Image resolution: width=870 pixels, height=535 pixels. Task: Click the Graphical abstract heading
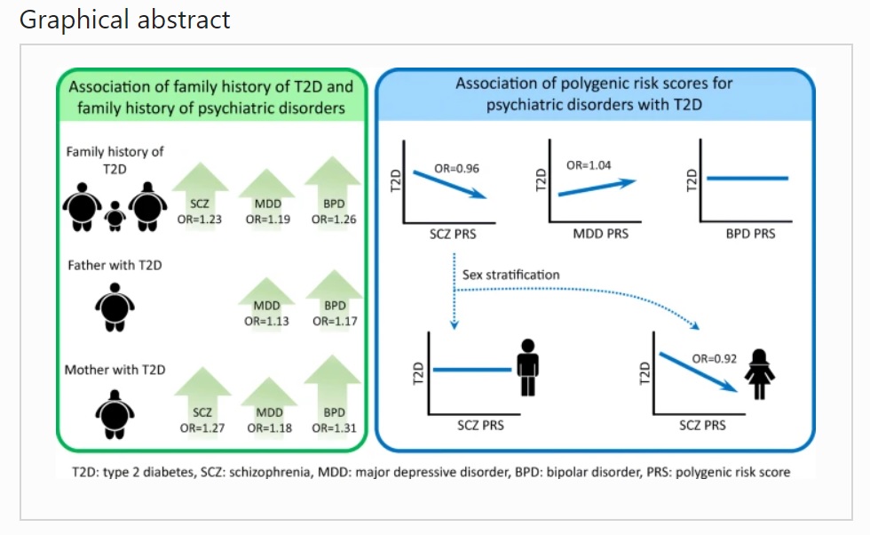click(x=124, y=20)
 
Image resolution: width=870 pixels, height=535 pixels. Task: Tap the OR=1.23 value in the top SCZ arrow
click(x=199, y=220)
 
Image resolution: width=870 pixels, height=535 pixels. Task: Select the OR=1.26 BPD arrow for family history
click(x=334, y=194)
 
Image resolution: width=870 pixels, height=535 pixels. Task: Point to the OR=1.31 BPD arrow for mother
click(x=333, y=396)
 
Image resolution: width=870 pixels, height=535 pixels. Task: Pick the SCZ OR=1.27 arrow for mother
click(x=202, y=403)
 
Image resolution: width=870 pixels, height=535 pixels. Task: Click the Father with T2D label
click(x=115, y=266)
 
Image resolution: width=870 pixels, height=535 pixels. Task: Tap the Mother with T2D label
click(x=115, y=370)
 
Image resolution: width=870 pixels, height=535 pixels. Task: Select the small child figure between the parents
click(x=115, y=216)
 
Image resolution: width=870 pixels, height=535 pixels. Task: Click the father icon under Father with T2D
click(x=115, y=307)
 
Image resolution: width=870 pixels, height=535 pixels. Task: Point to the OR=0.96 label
click(x=456, y=168)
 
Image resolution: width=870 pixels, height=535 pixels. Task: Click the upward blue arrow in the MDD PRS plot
click(x=597, y=188)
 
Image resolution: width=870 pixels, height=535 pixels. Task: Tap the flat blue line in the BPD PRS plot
click(x=747, y=179)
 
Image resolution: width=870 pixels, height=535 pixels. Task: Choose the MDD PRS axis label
click(x=601, y=234)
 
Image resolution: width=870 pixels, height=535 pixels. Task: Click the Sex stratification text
click(x=511, y=275)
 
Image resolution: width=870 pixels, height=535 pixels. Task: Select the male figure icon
click(x=527, y=367)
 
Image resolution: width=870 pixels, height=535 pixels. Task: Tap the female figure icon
click(x=760, y=374)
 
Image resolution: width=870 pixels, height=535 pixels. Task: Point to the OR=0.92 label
click(x=714, y=359)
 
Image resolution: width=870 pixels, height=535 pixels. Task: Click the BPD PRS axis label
click(x=751, y=234)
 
